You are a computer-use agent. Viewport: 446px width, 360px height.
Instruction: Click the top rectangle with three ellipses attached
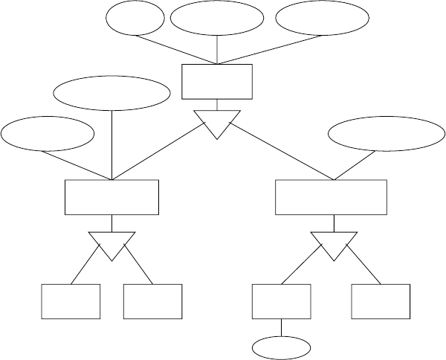(217, 81)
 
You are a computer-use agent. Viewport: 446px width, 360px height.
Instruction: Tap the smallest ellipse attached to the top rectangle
(135, 19)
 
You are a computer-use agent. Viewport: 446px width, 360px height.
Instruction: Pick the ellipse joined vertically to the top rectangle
(216, 19)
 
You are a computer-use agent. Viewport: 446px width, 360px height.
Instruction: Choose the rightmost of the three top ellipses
(322, 19)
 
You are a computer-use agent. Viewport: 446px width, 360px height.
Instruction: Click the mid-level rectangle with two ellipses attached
(111, 197)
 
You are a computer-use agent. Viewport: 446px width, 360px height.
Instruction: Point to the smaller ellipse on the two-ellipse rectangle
(48, 134)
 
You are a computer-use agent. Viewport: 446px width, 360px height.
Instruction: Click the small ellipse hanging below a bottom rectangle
(282, 347)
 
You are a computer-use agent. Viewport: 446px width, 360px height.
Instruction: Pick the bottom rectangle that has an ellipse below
(282, 301)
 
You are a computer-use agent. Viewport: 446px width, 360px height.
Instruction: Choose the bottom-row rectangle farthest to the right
(380, 301)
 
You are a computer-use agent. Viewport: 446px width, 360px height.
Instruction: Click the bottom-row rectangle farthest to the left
(70, 301)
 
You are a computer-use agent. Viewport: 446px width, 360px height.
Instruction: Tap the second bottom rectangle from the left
(152, 301)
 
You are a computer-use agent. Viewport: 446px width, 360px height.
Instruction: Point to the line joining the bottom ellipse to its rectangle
(282, 327)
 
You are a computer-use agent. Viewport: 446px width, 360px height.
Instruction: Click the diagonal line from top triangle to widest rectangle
(282, 154)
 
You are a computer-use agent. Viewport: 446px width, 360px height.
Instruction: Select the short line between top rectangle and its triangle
(217, 104)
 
